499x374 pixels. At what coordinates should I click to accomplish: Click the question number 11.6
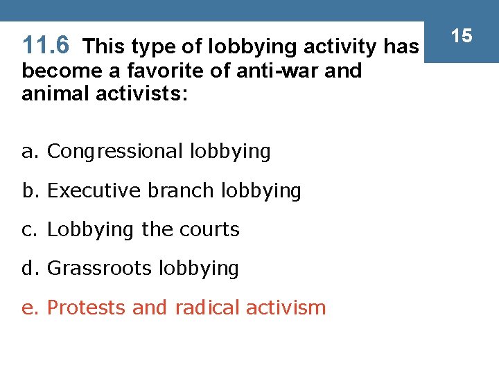click(x=46, y=46)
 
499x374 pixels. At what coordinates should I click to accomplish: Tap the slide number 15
click(x=462, y=35)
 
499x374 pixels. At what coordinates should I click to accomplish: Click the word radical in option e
click(x=204, y=307)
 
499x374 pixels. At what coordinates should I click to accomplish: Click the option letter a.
click(x=28, y=152)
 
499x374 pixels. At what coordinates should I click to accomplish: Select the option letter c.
click(x=28, y=230)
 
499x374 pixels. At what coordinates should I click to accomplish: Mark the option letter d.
click(x=28, y=268)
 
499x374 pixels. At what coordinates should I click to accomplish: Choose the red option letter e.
click(x=28, y=308)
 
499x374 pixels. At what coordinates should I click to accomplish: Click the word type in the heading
click(x=150, y=47)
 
